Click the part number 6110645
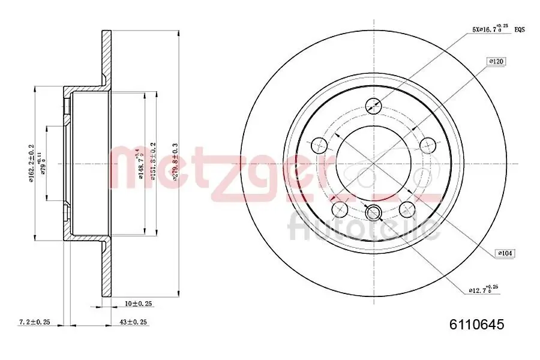tap(477, 325)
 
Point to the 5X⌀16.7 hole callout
tap(490, 28)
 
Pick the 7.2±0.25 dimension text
tap(35, 322)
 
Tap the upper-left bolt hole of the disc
tap(319, 144)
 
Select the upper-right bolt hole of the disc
tap(428, 144)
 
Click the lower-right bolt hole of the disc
tap(407, 208)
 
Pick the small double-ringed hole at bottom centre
tap(374, 212)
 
